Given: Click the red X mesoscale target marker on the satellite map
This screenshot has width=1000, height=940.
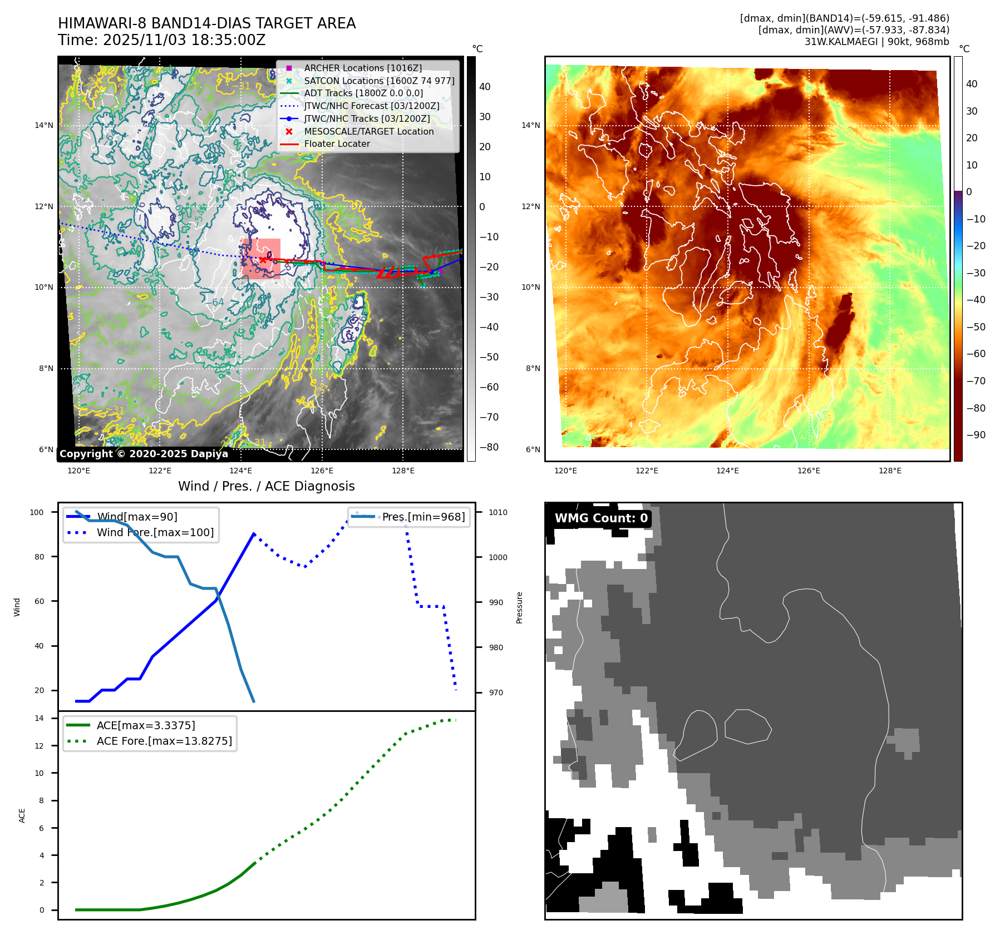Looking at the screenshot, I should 263,259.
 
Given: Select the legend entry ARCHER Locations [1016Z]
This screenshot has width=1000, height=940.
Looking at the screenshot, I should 362,68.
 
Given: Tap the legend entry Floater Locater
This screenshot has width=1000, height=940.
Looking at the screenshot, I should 337,144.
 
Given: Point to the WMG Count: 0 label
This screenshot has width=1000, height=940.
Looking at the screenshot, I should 601,518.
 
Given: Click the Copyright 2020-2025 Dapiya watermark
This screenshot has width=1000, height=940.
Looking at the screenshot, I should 144,454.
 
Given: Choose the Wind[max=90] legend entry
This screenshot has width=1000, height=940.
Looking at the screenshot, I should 137,517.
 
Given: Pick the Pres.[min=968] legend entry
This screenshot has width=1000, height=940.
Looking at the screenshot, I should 423,517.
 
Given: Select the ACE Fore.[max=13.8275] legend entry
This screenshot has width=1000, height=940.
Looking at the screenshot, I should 164,741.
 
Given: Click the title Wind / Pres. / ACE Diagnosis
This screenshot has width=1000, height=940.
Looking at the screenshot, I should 266,486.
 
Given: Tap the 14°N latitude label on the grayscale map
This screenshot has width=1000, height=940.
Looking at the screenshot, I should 44,126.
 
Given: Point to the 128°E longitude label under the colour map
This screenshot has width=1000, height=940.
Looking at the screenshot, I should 890,471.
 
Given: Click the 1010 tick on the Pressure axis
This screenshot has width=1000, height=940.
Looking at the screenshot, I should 498,512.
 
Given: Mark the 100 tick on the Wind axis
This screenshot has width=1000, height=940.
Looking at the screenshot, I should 37,512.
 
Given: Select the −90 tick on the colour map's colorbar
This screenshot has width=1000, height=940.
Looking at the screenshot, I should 976,435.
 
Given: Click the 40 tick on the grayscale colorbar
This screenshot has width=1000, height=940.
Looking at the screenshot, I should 485,87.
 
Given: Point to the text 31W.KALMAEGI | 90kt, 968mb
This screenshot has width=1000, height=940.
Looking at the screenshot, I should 876,42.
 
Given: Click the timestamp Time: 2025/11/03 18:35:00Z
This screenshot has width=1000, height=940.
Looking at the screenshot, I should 162,41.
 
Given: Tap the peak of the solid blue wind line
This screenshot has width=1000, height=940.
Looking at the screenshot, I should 254,534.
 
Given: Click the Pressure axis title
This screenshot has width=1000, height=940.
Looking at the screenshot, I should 519,607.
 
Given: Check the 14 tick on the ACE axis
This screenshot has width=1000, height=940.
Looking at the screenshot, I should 39,718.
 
